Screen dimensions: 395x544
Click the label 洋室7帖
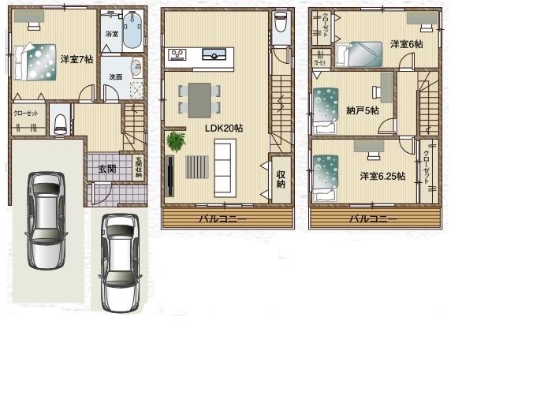click(x=76, y=58)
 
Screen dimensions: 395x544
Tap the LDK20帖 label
click(x=223, y=128)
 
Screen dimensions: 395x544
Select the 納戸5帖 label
click(x=363, y=110)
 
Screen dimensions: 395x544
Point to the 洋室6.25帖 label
click(x=382, y=175)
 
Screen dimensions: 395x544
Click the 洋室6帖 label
click(x=406, y=44)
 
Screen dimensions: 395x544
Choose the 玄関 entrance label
click(x=106, y=169)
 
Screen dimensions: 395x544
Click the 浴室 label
click(x=112, y=34)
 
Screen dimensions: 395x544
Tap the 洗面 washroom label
click(x=116, y=76)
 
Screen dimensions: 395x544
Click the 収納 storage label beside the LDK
click(x=281, y=180)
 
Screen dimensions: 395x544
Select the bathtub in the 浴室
click(x=132, y=31)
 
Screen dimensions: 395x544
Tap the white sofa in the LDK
click(x=225, y=167)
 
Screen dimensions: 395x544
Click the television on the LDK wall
click(x=170, y=175)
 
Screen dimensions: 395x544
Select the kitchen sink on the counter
click(x=214, y=54)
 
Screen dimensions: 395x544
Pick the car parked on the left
click(x=44, y=219)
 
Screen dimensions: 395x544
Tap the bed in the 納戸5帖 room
click(x=325, y=110)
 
